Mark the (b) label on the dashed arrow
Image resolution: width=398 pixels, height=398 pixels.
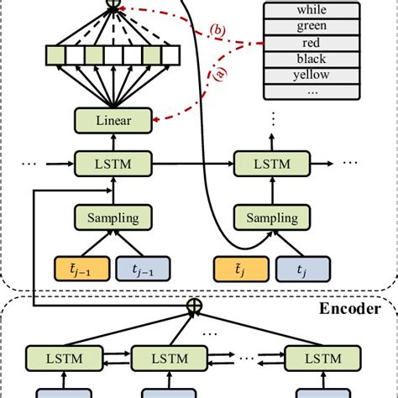(217, 32)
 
